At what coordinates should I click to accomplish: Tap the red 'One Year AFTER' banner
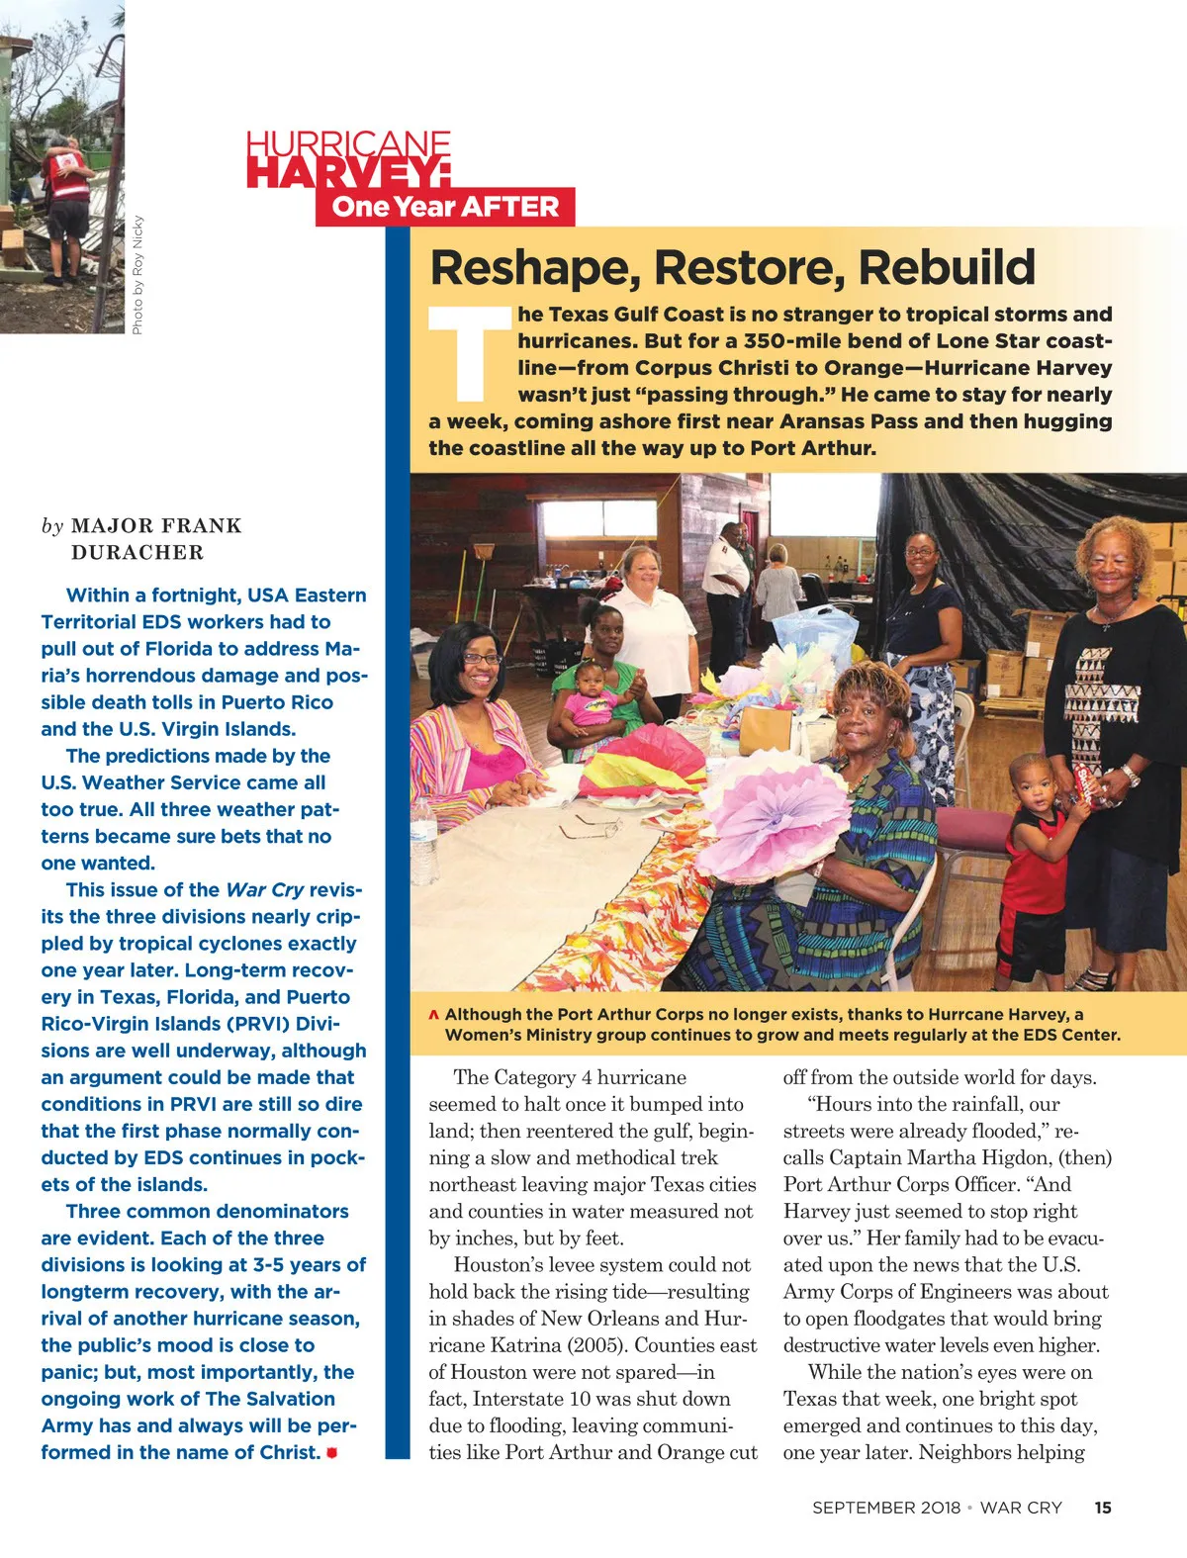pyautogui.click(x=445, y=207)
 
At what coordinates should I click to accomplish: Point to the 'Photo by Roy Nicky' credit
pyautogui.click(x=137, y=274)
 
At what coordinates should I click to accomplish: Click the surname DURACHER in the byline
pyautogui.click(x=137, y=553)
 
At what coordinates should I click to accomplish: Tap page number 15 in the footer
pyautogui.click(x=1103, y=1508)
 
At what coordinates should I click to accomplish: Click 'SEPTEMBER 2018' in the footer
pyautogui.click(x=885, y=1508)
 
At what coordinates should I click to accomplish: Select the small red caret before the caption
pyautogui.click(x=433, y=1015)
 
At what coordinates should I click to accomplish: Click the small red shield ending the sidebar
pyautogui.click(x=331, y=1453)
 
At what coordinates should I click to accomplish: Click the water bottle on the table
pyautogui.click(x=424, y=841)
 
